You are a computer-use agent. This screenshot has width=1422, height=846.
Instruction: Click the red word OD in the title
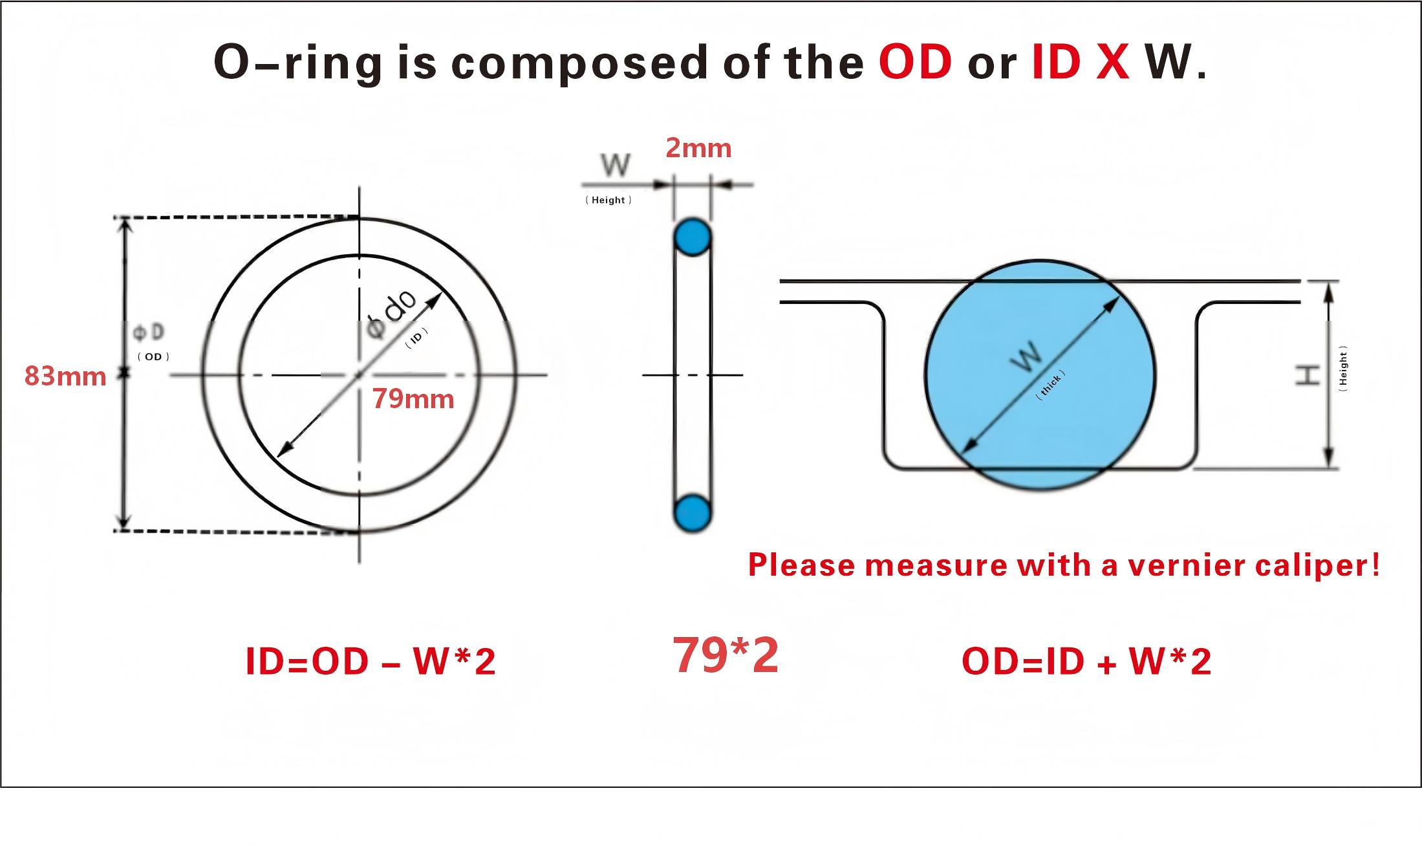tap(915, 62)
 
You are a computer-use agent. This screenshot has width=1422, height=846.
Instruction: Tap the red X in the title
tap(1112, 62)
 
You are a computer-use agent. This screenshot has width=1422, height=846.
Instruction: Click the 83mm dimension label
tap(65, 376)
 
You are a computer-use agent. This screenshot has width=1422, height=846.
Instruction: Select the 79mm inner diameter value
tap(413, 399)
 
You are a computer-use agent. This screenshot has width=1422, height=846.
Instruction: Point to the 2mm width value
tap(698, 148)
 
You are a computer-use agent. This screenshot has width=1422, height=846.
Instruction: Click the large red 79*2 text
tap(726, 655)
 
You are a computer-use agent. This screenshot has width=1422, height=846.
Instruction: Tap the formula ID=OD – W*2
tap(371, 662)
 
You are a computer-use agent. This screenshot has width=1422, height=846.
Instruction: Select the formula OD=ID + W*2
tap(1086, 662)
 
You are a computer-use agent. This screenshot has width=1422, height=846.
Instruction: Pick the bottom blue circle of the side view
tap(693, 514)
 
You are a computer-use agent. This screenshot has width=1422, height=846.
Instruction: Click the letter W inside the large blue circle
tap(1027, 356)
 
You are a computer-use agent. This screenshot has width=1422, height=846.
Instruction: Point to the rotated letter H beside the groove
tap(1308, 374)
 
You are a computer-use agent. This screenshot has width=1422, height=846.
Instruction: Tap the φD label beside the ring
tap(149, 332)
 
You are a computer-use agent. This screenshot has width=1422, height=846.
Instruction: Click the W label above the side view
tap(616, 166)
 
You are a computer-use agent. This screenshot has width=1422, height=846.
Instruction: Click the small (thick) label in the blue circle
tap(1050, 385)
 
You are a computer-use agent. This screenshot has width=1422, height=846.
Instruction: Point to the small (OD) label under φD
tap(153, 357)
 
